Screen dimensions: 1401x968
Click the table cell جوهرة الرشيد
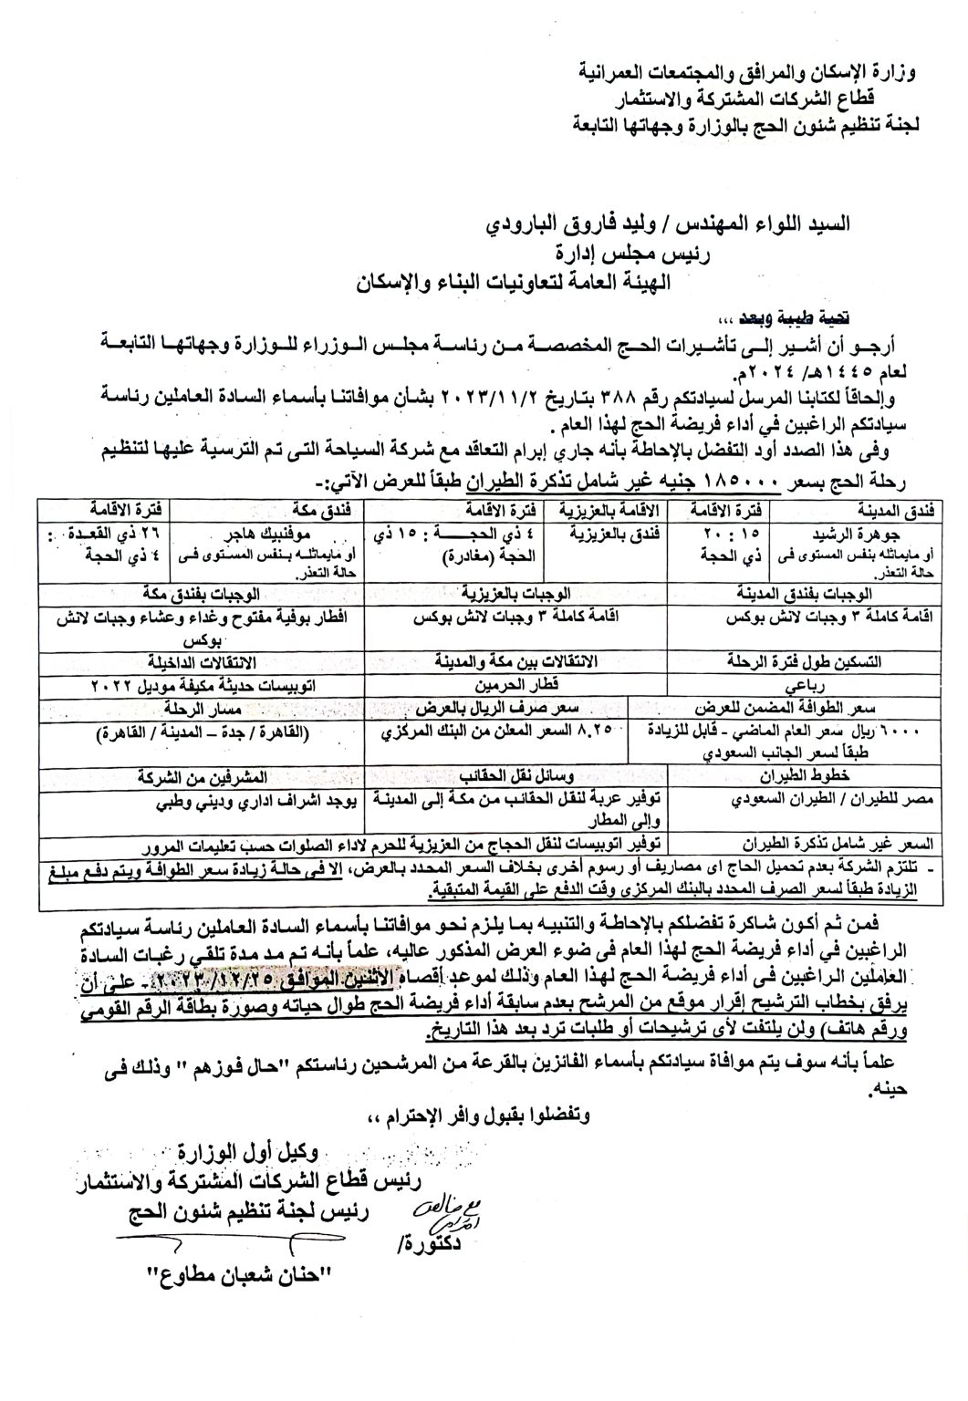878,528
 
